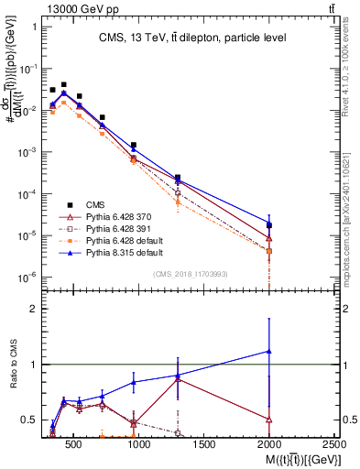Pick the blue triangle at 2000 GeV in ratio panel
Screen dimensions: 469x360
[269, 351]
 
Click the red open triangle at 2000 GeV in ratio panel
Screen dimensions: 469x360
[269, 420]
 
